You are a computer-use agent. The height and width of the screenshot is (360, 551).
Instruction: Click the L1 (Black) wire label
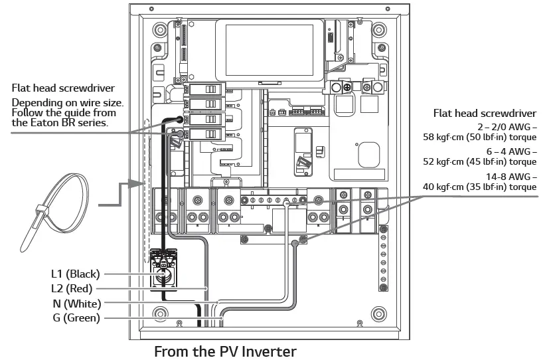75,274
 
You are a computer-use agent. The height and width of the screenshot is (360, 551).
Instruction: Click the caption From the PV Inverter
225,351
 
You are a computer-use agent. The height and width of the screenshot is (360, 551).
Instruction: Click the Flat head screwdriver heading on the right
485,114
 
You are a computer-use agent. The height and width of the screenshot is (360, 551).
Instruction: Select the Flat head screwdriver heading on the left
63,88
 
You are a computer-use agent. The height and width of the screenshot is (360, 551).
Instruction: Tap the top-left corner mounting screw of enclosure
159,30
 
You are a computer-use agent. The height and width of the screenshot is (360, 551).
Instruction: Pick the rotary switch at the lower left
164,272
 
